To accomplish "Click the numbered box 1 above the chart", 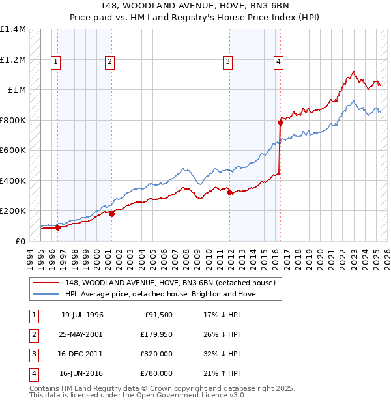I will pyautogui.click(x=55, y=62).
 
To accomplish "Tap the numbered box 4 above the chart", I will pyautogui.click(x=278, y=62).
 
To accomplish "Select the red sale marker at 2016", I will pyautogui.click(x=280, y=122).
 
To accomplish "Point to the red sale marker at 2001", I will pyautogui.click(x=111, y=213).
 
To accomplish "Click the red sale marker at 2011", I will pyautogui.click(x=229, y=192).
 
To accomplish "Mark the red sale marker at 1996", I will pyautogui.click(x=57, y=227).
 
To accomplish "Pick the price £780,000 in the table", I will pyautogui.click(x=156, y=373).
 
